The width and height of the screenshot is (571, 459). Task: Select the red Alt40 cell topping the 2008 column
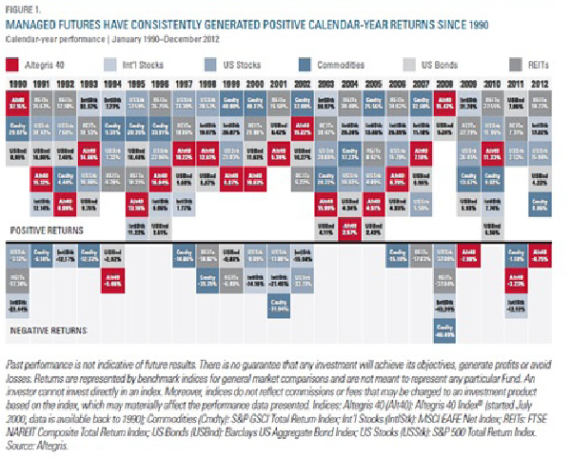[444, 105]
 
